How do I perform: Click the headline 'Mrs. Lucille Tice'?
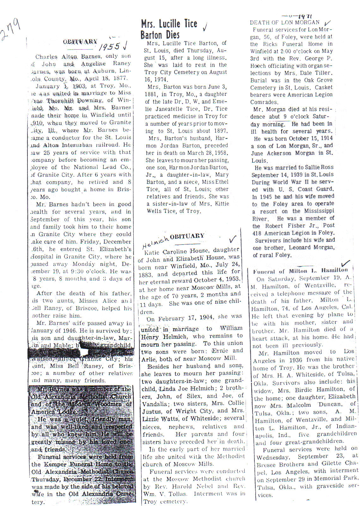(169, 24)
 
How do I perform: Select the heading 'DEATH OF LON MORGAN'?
(284, 22)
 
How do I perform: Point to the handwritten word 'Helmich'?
(155, 242)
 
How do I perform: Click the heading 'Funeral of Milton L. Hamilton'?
(300, 271)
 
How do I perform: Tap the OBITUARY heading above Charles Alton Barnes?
(80, 41)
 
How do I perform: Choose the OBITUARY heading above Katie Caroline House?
(187, 236)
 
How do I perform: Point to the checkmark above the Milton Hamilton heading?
(346, 263)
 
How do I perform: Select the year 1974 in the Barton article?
(161, 80)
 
